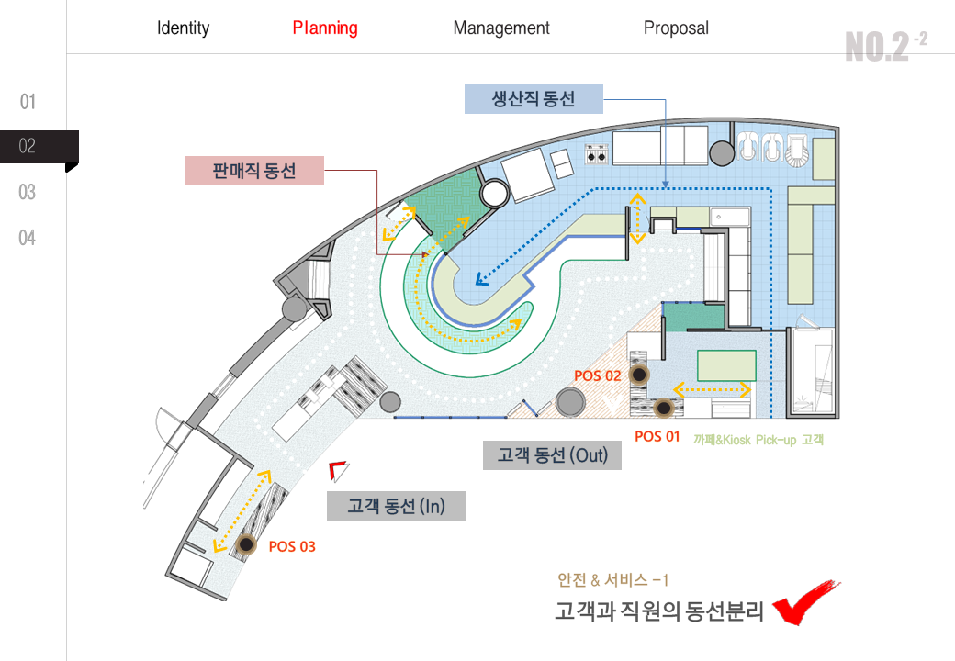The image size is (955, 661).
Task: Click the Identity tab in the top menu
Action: pos(183,28)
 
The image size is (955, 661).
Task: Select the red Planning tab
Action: pos(325,28)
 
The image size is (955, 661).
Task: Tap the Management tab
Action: pos(501,28)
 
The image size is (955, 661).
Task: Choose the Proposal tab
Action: pos(676,28)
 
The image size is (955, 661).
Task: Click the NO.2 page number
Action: pos(886,46)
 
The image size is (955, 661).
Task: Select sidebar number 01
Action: pos(28,102)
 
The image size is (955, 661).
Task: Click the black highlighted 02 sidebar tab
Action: pos(39,147)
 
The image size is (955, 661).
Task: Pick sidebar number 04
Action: pos(28,238)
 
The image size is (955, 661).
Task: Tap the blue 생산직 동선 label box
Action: pos(534,98)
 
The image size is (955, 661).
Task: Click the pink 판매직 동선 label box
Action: pos(254,171)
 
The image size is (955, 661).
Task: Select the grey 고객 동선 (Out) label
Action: pos(552,455)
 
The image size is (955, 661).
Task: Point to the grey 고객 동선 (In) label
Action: pos(396,507)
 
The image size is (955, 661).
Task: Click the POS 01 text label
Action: pos(657,436)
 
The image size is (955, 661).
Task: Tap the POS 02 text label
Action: pos(598,376)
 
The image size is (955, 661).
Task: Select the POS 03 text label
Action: pos(292,546)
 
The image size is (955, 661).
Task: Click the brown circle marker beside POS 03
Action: pos(246,543)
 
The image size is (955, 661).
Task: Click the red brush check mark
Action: pos(806,602)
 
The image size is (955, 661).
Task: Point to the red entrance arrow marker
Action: pos(338,470)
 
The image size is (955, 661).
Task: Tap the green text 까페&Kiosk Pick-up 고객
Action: pos(758,440)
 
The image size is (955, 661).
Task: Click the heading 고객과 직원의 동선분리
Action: pos(659,611)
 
